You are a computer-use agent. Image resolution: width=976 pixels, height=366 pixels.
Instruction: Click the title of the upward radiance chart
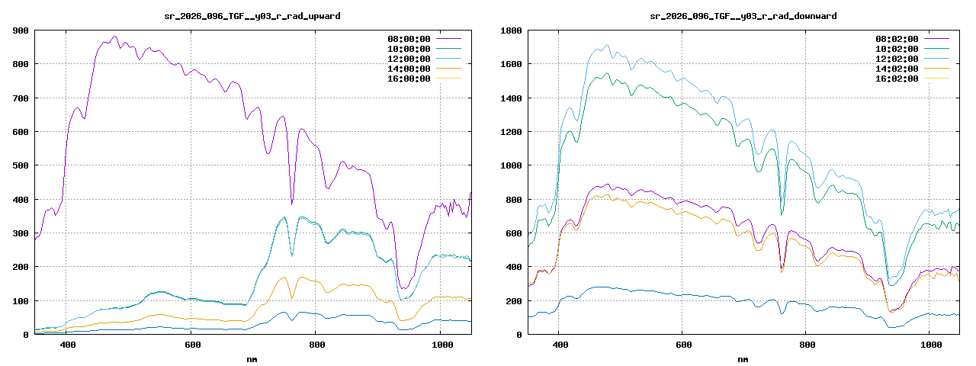(253, 15)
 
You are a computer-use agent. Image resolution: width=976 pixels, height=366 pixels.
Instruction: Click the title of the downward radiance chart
(743, 15)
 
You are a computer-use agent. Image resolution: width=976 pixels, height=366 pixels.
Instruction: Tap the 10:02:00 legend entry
(897, 48)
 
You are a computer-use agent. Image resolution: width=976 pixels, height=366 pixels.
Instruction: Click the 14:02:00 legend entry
(897, 68)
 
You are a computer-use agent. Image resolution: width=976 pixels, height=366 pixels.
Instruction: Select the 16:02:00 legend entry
(897, 78)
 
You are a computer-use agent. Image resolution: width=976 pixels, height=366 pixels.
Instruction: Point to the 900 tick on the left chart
(21, 30)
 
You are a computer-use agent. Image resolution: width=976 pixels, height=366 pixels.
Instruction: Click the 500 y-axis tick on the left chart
(21, 165)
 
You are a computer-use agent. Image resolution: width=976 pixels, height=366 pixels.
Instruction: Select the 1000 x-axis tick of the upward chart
(439, 345)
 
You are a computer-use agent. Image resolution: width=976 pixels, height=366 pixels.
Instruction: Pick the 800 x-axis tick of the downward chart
(807, 345)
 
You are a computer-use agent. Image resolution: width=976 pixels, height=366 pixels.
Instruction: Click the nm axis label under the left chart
(252, 358)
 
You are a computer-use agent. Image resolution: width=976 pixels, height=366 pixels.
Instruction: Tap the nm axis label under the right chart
(743, 358)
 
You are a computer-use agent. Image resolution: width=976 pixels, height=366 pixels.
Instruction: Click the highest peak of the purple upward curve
(114, 36)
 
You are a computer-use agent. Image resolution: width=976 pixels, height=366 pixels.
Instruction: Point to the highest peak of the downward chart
(607, 45)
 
